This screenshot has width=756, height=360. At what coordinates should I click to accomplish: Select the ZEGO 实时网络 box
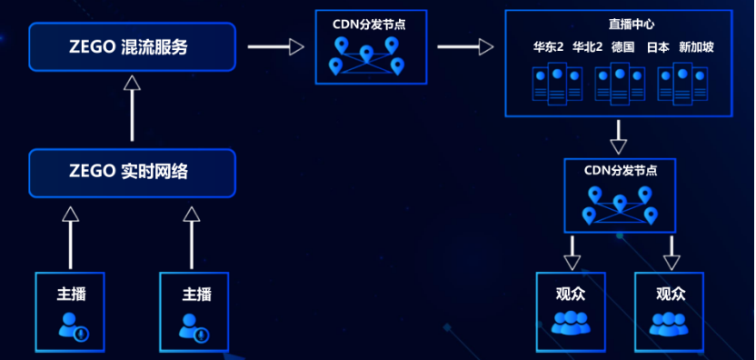pos(133,172)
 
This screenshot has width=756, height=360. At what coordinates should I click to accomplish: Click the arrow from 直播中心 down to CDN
pos(619,136)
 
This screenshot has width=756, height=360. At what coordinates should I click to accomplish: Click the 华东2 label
pos(548,47)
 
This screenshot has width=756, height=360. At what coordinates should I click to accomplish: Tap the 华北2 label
pos(587,47)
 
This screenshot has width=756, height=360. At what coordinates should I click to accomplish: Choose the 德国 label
pos(622,47)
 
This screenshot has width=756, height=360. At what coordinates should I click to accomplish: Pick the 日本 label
pos(658,47)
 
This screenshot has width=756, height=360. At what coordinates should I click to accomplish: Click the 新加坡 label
pos(696,47)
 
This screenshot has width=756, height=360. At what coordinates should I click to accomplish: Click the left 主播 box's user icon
pos(72,325)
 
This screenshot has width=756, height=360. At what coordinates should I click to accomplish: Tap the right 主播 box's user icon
pos(194,326)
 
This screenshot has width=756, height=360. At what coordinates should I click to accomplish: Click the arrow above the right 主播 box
pos(192,236)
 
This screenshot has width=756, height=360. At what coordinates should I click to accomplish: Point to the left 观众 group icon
pos(571,322)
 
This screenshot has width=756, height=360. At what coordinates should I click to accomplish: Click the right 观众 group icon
pos(670,323)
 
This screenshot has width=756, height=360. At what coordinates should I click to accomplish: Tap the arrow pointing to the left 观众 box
pos(572,252)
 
